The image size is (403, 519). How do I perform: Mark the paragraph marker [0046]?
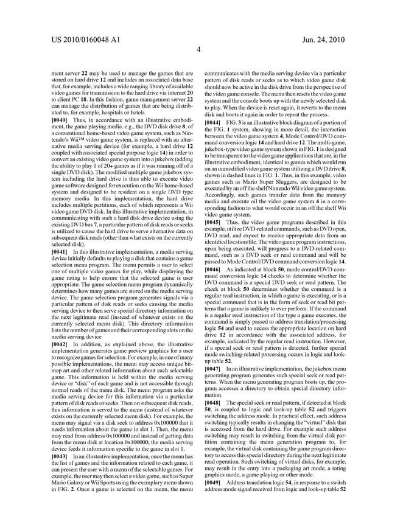pyautogui.click(x=221, y=268)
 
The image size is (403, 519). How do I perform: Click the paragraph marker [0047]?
pyautogui.click(x=221, y=369)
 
